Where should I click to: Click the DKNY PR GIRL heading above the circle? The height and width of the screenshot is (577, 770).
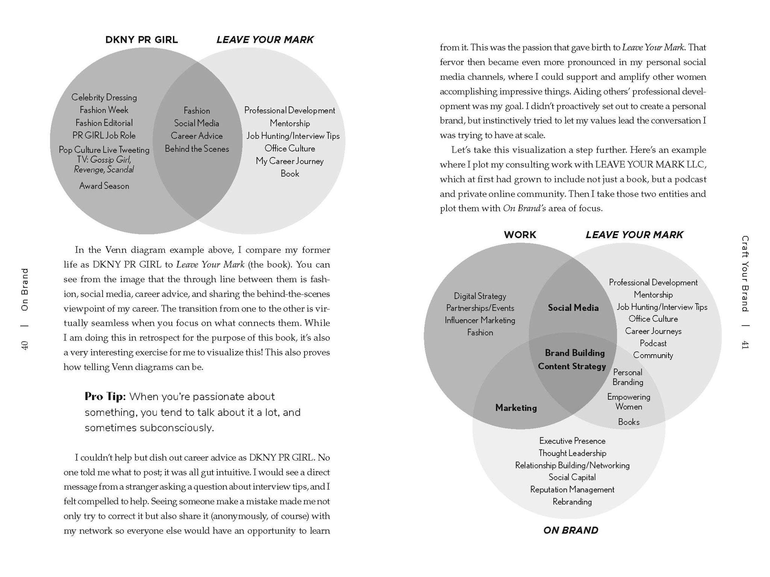click(141, 40)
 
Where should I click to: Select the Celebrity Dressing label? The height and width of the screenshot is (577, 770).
click(104, 97)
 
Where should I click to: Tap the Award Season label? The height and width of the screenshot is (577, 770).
click(104, 186)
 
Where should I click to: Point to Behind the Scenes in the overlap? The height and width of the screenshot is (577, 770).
click(197, 149)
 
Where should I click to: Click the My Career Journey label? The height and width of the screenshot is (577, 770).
click(290, 161)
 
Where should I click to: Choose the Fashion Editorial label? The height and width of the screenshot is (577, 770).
click(104, 123)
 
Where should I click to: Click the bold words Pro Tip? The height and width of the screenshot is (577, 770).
click(105, 396)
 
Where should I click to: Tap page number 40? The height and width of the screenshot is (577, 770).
click(25, 345)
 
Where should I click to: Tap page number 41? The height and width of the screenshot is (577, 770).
click(745, 344)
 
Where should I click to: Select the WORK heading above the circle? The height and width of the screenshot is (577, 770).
click(520, 235)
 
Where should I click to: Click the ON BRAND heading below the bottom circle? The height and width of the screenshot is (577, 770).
click(570, 530)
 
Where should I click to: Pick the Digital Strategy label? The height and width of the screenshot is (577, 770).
click(480, 296)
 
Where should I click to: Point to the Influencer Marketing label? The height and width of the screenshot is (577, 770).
click(480, 320)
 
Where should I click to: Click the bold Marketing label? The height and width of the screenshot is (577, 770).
click(516, 408)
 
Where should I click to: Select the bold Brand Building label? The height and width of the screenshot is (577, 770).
click(575, 353)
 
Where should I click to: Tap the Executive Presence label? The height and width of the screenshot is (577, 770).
click(572, 441)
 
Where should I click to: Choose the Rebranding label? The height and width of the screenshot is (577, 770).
click(572, 502)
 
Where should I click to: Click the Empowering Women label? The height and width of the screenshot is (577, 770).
click(629, 402)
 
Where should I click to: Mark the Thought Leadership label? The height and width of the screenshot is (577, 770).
click(572, 453)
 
